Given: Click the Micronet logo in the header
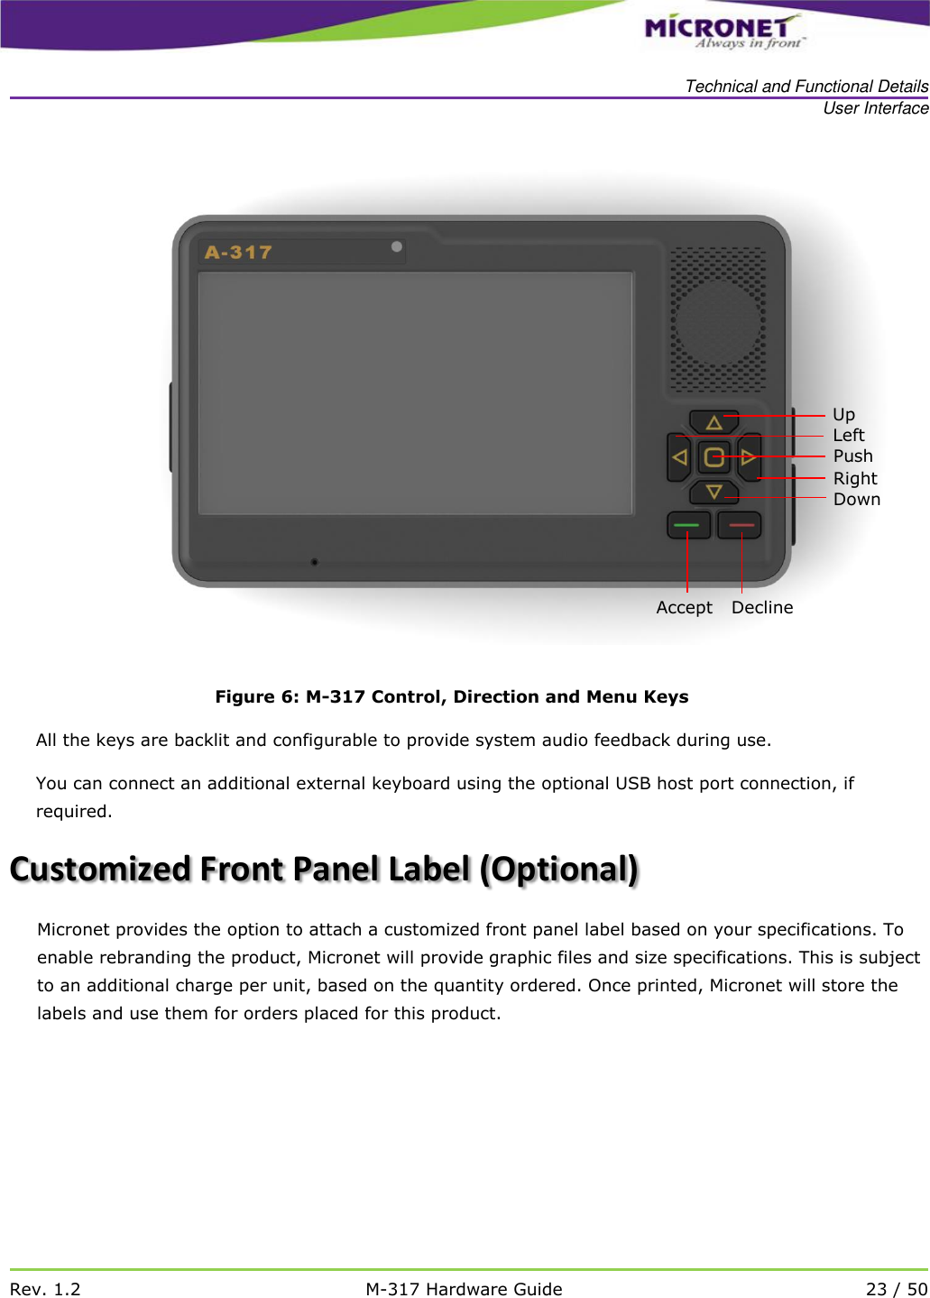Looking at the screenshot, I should (x=722, y=31).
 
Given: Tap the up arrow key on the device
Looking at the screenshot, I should (x=714, y=421).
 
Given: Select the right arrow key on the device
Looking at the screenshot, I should (x=749, y=457).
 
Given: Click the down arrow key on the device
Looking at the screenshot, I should (x=714, y=492).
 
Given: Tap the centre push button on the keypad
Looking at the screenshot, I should (x=714, y=457).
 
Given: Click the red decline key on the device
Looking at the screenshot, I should (x=740, y=525).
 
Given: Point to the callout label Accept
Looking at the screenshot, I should (x=684, y=608).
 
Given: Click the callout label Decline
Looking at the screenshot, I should (x=762, y=608).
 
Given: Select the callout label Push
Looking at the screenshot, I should (x=852, y=456).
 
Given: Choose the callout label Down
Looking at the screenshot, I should (x=856, y=500).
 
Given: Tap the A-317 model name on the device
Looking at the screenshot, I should (x=238, y=253).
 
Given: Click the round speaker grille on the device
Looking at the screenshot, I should (x=718, y=321).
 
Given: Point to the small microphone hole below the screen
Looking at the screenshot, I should (x=314, y=562).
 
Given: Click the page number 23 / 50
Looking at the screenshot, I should (x=896, y=1289).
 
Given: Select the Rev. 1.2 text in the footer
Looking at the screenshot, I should (x=45, y=1289).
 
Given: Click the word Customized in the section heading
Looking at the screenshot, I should (x=100, y=870).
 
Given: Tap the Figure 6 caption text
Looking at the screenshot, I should (x=451, y=696).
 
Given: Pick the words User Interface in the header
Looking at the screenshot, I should (x=875, y=108).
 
